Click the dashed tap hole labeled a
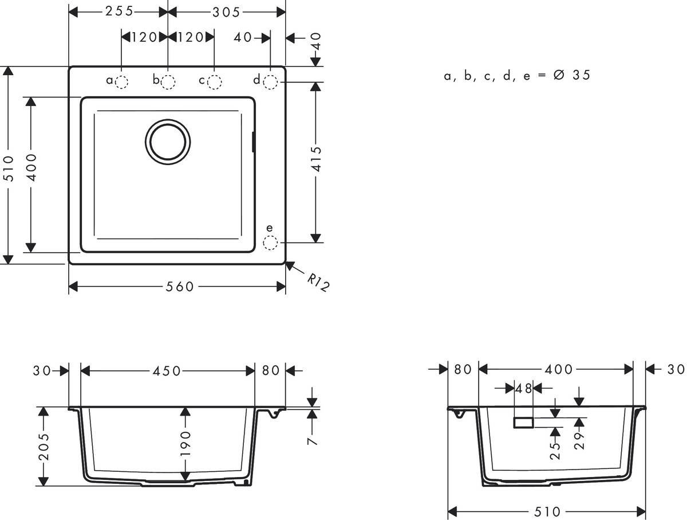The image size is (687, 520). pyautogui.click(x=121, y=83)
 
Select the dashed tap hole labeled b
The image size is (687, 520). pyautogui.click(x=168, y=83)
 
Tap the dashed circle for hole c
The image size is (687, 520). pyautogui.click(x=214, y=83)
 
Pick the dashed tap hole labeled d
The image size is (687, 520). pyautogui.click(x=270, y=83)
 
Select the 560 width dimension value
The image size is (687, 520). pyautogui.click(x=177, y=286)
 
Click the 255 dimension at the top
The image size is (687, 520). pyautogui.click(x=119, y=11)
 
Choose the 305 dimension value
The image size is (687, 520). pyautogui.click(x=226, y=11)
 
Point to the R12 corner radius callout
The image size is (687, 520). pyautogui.click(x=318, y=283)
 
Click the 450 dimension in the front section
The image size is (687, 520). pyautogui.click(x=167, y=371)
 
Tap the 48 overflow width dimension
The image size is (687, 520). pyautogui.click(x=524, y=388)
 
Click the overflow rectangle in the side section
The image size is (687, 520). pyautogui.click(x=523, y=423)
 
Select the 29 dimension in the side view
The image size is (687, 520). pyautogui.click(x=579, y=442)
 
